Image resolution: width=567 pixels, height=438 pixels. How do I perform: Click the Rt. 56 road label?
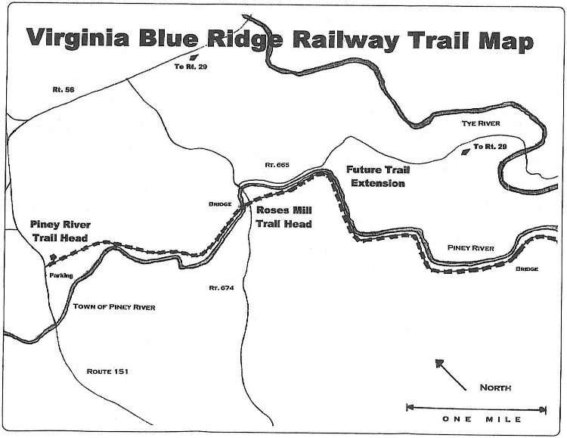click(x=52, y=89)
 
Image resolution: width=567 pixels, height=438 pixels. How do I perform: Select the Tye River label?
click(x=482, y=123)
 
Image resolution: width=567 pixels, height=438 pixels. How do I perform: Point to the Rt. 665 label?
click(x=277, y=164)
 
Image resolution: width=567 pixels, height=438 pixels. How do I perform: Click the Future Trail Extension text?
click(x=376, y=176)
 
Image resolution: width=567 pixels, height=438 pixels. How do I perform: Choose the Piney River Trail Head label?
click(x=60, y=231)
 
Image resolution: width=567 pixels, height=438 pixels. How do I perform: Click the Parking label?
click(x=61, y=275)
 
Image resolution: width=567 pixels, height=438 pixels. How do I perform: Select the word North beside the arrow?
click(x=496, y=388)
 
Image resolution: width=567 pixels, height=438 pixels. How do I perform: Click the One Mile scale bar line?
click(x=476, y=408)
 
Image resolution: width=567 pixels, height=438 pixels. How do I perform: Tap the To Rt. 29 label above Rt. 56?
click(x=190, y=67)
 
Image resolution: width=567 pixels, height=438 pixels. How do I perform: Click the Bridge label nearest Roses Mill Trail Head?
click(x=220, y=203)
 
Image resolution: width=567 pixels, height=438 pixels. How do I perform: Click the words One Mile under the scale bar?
click(x=476, y=420)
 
